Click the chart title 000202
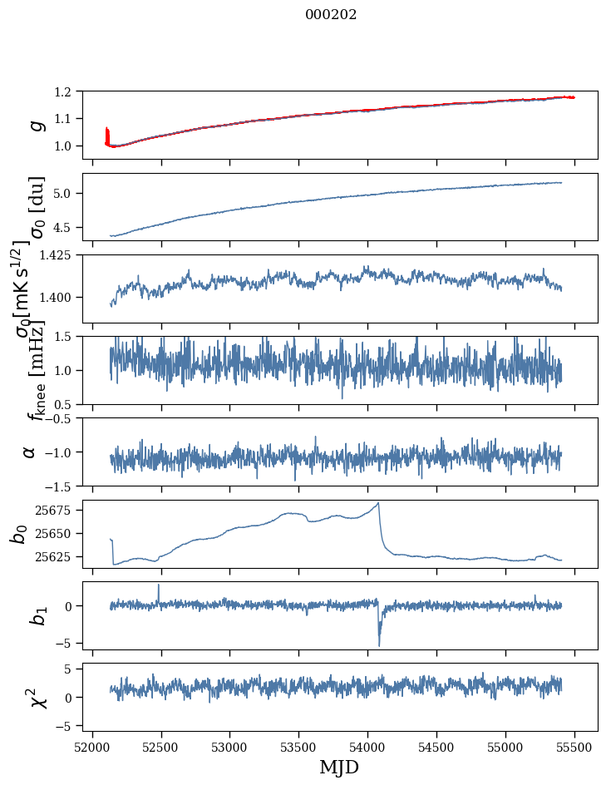(331, 15)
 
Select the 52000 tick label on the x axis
(92, 747)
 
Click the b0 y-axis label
(19, 533)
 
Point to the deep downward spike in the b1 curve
(379, 644)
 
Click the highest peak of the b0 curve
(378, 503)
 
